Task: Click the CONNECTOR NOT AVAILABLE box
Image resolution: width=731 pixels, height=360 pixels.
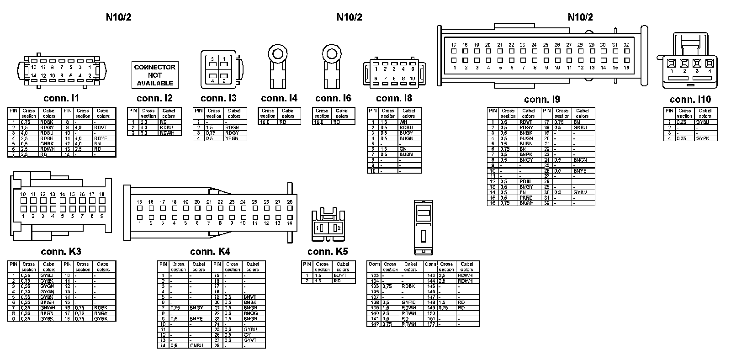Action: tap(154, 75)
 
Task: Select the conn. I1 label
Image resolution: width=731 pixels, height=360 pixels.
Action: tap(61, 98)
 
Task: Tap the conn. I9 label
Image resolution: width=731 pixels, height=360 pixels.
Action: tap(542, 100)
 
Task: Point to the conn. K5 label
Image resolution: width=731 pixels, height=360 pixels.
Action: tap(328, 252)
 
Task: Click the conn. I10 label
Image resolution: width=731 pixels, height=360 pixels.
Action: tap(690, 100)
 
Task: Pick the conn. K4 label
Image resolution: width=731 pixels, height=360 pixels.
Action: tap(210, 252)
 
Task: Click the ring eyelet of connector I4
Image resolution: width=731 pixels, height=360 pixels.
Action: tap(277, 53)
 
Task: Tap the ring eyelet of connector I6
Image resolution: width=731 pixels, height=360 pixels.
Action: tap(331, 53)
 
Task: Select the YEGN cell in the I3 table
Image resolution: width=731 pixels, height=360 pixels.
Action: tap(231, 138)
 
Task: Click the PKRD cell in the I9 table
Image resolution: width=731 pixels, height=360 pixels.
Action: tap(526, 198)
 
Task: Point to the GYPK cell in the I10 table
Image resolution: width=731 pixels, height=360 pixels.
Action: tap(702, 138)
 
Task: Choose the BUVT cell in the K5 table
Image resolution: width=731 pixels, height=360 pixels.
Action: tap(340, 275)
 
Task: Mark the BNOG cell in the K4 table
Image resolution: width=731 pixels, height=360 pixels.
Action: tap(250, 313)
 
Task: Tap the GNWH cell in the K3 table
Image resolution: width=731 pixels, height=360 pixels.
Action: tap(47, 308)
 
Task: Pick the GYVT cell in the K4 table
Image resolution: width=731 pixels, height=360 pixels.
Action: tap(250, 340)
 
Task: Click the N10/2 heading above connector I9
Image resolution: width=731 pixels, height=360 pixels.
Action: tap(580, 17)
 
